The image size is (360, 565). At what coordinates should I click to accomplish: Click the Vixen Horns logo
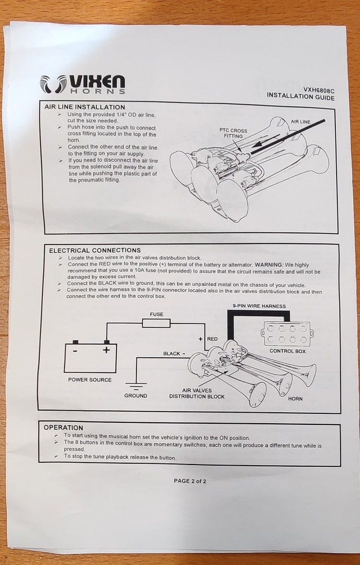point(83,84)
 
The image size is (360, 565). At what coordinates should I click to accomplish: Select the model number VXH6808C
point(319,90)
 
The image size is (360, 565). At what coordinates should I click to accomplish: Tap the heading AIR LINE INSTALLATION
point(85,107)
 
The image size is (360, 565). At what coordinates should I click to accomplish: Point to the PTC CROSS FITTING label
point(233,133)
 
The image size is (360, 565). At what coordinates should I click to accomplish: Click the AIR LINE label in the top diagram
point(300,121)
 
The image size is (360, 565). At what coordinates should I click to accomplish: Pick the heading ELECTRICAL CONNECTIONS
point(95,251)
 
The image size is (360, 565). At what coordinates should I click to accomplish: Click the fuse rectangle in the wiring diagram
point(156,323)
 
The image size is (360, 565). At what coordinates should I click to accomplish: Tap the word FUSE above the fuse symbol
point(156,314)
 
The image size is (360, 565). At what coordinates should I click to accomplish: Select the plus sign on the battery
point(106,349)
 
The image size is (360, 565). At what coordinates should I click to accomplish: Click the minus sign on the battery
point(75,350)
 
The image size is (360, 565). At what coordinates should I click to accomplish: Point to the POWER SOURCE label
point(89,380)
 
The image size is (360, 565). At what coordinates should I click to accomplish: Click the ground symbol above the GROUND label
point(136,386)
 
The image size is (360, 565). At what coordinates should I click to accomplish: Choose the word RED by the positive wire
point(212,338)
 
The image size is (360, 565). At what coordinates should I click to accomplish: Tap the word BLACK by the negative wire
point(172,354)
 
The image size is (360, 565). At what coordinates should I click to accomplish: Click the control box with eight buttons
point(287,334)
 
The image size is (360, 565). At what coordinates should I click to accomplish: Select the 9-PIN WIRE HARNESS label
point(259,306)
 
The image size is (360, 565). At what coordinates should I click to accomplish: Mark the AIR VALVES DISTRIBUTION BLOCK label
point(197,393)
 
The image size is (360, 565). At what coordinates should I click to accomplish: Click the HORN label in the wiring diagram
point(295,399)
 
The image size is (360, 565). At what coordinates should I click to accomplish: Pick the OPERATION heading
point(63,428)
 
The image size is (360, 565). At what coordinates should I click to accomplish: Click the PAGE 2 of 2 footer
point(190,481)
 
